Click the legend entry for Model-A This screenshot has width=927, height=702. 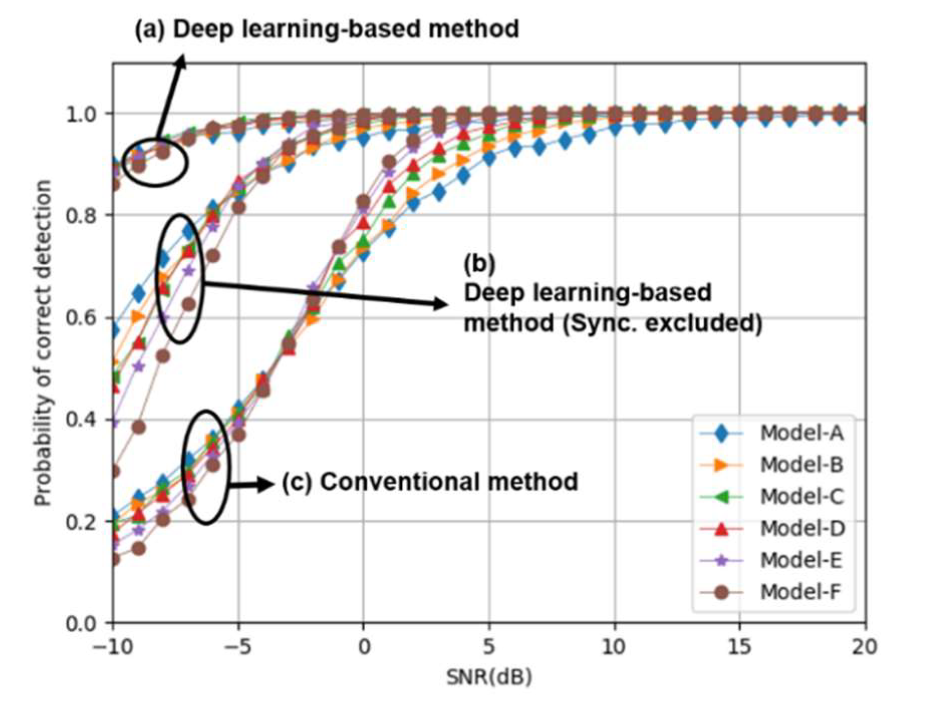click(801, 433)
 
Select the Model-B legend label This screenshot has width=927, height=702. click(801, 465)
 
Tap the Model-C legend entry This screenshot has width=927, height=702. click(802, 496)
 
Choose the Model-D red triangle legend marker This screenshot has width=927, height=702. click(721, 529)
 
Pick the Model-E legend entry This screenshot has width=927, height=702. click(801, 560)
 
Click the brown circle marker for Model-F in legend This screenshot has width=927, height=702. click(721, 592)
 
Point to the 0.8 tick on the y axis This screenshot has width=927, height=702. click(80, 216)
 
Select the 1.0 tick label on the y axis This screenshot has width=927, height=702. click(80, 114)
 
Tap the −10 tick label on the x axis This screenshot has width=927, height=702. click(113, 647)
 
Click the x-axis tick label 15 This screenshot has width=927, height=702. click(739, 647)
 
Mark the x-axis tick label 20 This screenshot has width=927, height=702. click(864, 647)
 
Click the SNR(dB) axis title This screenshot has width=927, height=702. click(489, 677)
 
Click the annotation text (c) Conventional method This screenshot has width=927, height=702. click(430, 482)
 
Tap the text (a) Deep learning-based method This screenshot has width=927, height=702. click(327, 29)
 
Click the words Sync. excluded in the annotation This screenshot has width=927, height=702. click(662, 323)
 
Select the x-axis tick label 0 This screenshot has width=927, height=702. click(364, 647)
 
